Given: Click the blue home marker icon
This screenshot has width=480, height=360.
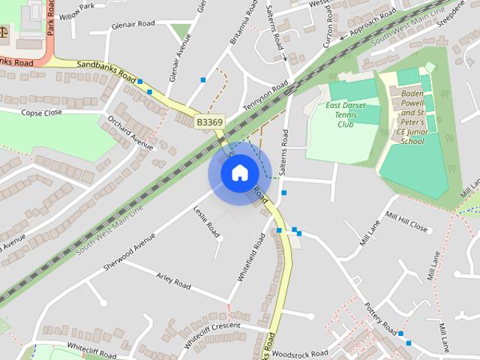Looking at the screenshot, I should point(239,173).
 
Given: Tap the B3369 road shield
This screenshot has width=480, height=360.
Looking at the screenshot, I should point(210,121).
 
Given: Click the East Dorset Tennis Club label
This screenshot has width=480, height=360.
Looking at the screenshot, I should point(345,115).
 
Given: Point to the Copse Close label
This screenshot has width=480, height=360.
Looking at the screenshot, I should point(41,112).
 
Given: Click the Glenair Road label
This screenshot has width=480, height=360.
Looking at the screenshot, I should point(133,24).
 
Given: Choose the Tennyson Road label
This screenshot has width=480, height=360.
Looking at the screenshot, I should point(265,97).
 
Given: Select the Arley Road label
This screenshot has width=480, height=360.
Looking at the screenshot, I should point(173,280).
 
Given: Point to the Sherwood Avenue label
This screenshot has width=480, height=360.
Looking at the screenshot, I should point(130,247).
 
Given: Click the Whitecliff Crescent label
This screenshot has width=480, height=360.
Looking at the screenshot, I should point(211,326).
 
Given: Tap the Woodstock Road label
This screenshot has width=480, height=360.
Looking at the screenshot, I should point(300,352).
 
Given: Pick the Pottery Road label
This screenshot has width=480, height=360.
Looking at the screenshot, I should point(379,319).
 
